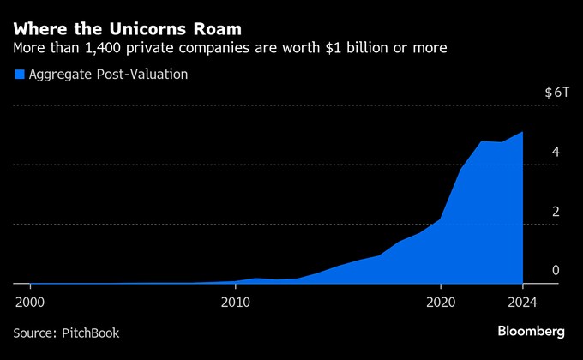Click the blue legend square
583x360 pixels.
click(x=19, y=75)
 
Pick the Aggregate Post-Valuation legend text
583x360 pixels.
click(x=108, y=75)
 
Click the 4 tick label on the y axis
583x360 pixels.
click(x=556, y=152)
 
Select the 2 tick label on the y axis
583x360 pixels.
click(x=556, y=212)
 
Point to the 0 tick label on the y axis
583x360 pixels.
click(x=556, y=271)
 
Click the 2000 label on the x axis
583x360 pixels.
click(x=30, y=302)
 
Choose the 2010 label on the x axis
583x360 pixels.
click(x=235, y=302)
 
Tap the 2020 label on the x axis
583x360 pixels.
click(x=440, y=302)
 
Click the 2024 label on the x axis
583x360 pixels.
click(x=522, y=302)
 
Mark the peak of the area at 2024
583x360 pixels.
click(x=522, y=132)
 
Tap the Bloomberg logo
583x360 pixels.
click(x=531, y=331)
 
